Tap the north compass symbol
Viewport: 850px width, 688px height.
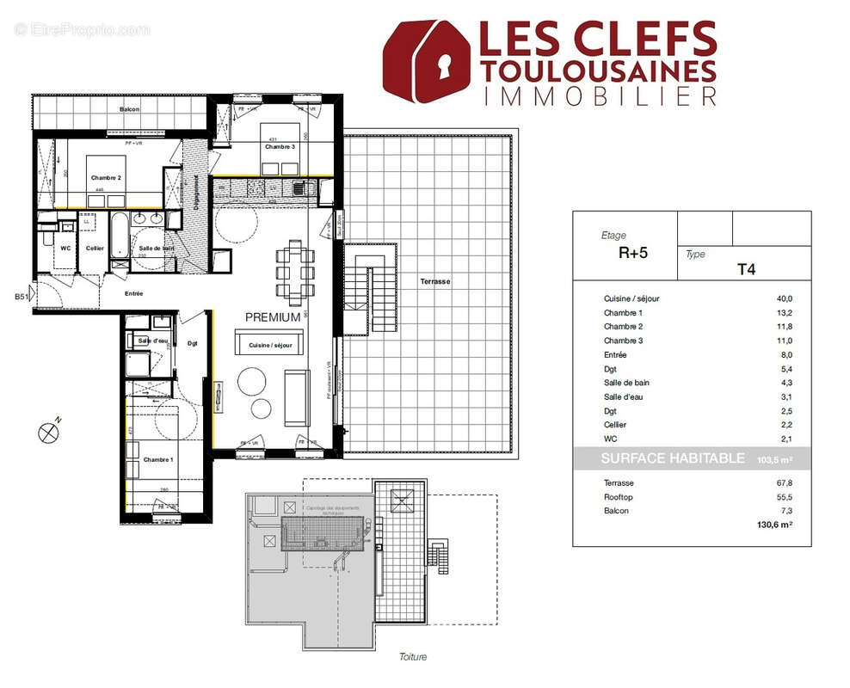pyautogui.click(x=48, y=433)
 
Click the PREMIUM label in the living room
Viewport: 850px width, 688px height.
pyautogui.click(x=272, y=317)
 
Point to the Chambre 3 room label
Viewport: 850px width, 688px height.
pyautogui.click(x=280, y=147)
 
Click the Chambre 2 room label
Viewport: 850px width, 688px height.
pyautogui.click(x=106, y=178)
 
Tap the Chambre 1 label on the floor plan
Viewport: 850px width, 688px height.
pyautogui.click(x=158, y=459)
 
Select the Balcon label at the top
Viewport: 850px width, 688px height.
pyautogui.click(x=129, y=110)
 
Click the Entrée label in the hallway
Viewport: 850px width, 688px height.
pyautogui.click(x=132, y=294)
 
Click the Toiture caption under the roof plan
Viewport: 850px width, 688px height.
pyautogui.click(x=412, y=657)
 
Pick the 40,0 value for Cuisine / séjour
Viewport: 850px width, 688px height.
pyautogui.click(x=784, y=298)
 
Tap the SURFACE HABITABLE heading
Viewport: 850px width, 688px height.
pyautogui.click(x=673, y=459)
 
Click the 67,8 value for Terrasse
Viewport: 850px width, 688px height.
pyautogui.click(x=784, y=483)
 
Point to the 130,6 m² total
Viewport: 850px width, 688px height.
pyautogui.click(x=773, y=525)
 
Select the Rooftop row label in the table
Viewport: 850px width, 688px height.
pyautogui.click(x=618, y=497)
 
